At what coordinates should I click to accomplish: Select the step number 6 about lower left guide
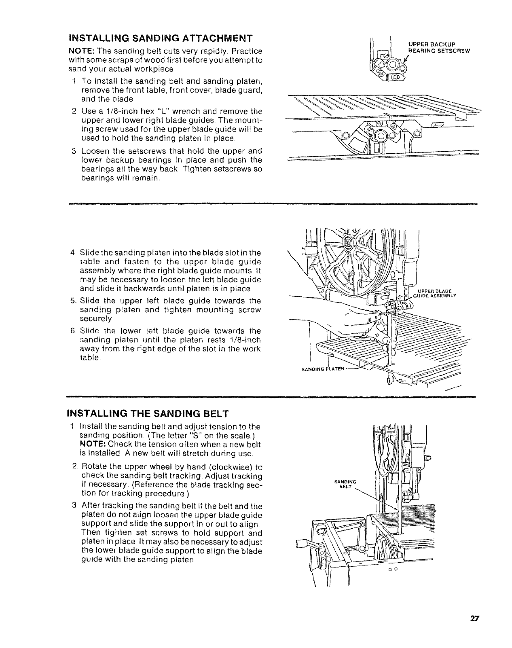[72, 331]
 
